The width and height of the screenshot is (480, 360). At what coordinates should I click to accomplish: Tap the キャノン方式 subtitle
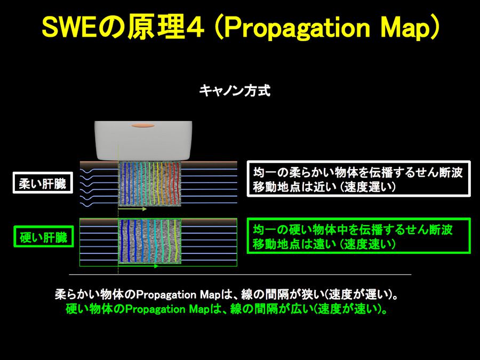click(x=235, y=91)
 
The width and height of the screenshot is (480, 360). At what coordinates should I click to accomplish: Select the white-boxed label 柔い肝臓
click(x=43, y=183)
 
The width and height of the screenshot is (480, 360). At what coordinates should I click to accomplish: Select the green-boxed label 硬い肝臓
click(x=44, y=236)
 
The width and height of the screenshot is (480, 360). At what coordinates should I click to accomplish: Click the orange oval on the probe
click(x=142, y=125)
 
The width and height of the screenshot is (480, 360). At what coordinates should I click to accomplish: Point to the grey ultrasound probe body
click(x=143, y=141)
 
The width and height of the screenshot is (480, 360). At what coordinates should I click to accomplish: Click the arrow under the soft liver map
click(x=133, y=210)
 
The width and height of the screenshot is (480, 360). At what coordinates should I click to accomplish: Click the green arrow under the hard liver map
click(x=138, y=266)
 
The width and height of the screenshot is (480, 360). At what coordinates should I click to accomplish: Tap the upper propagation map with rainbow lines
click(x=150, y=183)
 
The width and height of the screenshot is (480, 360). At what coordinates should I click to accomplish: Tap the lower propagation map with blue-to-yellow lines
click(x=150, y=241)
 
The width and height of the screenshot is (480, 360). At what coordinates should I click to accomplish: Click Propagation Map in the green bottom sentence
click(x=168, y=309)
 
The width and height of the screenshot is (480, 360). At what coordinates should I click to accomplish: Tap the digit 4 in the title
click(x=195, y=28)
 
